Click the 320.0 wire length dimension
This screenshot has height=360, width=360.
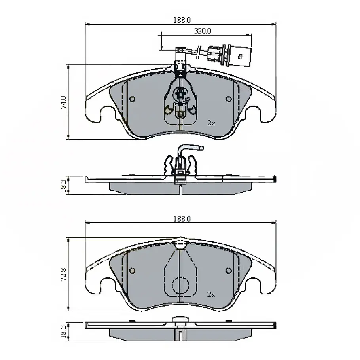(203, 31)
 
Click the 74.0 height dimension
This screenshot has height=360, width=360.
(64, 102)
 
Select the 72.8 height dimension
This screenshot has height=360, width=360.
(64, 274)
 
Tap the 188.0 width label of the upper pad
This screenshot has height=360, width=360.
(182, 20)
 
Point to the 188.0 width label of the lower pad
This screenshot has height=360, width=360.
(182, 219)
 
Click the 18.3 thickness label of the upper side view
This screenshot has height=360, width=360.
(63, 186)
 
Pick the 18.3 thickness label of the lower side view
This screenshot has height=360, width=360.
(63, 331)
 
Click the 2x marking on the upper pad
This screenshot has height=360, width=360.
(211, 123)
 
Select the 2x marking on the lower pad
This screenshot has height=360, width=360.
(211, 294)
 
